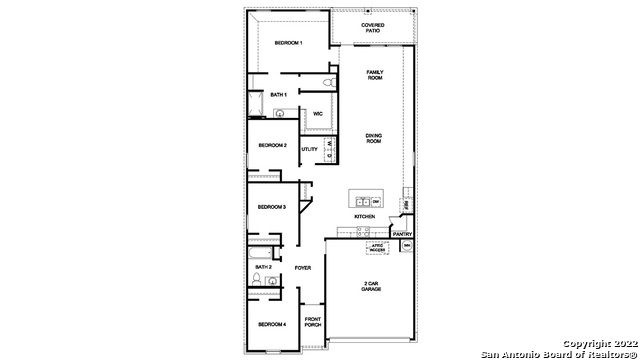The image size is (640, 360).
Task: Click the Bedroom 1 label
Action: pyautogui.click(x=288, y=44)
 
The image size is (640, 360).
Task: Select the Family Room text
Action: pyautogui.click(x=375, y=75)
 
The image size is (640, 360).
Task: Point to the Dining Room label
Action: pyautogui.click(x=374, y=138)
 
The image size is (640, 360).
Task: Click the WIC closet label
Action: pyautogui.click(x=317, y=114)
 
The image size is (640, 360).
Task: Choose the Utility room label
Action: pyautogui.click(x=310, y=150)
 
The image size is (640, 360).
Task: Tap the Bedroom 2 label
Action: pyautogui.click(x=272, y=146)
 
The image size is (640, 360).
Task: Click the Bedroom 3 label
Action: pyautogui.click(x=272, y=207)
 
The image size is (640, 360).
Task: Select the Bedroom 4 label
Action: pyautogui.click(x=271, y=324)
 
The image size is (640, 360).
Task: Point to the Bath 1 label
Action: pyautogui.click(x=279, y=95)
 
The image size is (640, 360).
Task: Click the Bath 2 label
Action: pyautogui.click(x=263, y=267)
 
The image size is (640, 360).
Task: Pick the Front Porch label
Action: pyautogui.click(x=312, y=324)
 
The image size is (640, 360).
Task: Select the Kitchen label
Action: pyautogui.click(x=364, y=217)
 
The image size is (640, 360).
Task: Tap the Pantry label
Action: pyautogui.click(x=402, y=234)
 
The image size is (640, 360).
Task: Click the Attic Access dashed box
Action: pyautogui.click(x=377, y=247)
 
